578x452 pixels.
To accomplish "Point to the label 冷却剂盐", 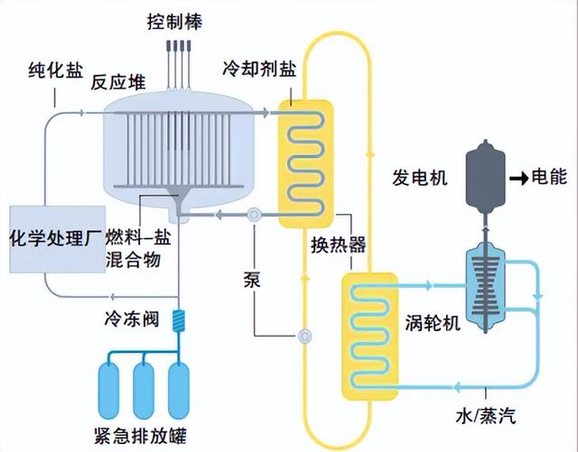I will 256,69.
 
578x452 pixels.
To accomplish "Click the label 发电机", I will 417,174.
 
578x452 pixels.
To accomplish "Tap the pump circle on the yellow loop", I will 304,336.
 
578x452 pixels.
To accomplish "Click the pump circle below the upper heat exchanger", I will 254,215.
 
